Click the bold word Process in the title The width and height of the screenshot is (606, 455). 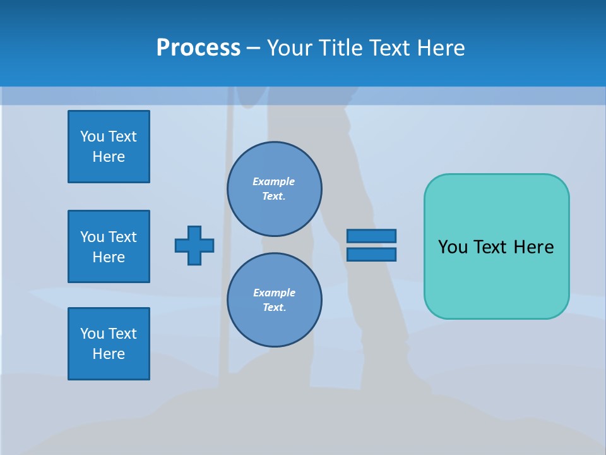coord(198,48)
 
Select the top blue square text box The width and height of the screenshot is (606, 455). coord(109,147)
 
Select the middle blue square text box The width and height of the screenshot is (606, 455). coord(109,246)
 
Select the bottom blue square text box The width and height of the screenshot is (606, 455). coord(109,344)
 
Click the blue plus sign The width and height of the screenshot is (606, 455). coord(194,245)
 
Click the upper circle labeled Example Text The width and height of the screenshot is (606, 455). coord(275,189)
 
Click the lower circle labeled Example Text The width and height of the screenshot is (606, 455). coord(275,300)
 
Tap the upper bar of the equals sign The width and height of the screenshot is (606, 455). coord(371,236)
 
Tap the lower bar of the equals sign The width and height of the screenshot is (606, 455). coord(371,254)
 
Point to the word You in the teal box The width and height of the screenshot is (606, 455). coord(452,247)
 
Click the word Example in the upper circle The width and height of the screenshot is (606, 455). coord(274,181)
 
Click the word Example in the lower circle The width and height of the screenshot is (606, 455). coord(274,293)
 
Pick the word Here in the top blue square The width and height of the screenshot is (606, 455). coord(109,157)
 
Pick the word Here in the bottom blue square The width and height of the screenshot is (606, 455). coord(109,354)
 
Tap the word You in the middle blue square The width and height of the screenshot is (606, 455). coord(92,237)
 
